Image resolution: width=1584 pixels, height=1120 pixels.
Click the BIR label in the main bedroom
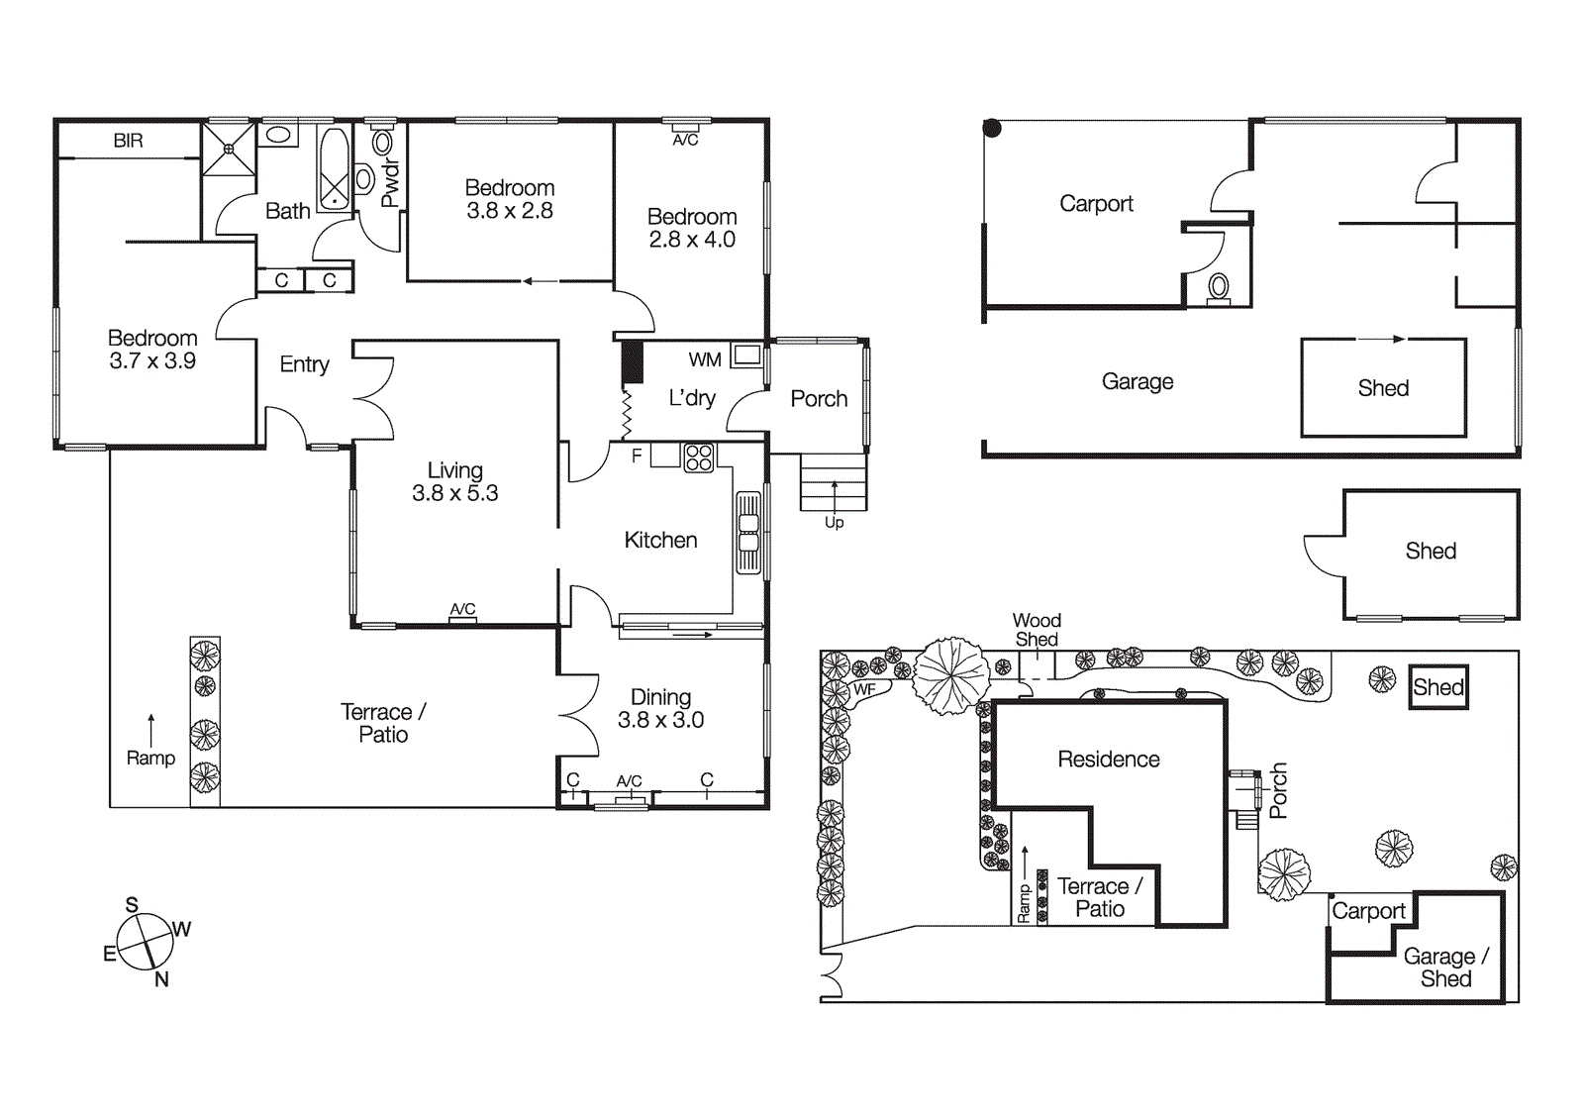(128, 141)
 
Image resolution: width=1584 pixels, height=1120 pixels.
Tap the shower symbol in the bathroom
(229, 150)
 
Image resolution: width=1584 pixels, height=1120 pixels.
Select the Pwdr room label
(390, 183)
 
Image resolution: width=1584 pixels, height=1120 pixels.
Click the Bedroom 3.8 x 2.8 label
(510, 199)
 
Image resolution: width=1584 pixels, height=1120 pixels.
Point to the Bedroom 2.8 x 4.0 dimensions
(692, 240)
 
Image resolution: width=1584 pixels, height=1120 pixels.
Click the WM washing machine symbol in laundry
(746, 355)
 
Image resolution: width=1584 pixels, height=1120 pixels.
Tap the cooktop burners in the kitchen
(699, 458)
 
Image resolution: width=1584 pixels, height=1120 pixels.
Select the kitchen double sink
(748, 533)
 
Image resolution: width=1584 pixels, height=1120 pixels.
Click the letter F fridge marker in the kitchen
(637, 456)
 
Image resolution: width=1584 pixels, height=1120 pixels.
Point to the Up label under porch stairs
(835, 522)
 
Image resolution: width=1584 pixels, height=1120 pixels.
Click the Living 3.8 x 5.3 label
(455, 482)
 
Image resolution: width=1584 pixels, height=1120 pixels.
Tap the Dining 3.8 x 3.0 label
(660, 709)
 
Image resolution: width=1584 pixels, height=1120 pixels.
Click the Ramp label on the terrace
(150, 758)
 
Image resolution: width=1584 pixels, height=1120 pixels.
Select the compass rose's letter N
(161, 979)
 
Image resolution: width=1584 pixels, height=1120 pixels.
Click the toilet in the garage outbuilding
(1219, 288)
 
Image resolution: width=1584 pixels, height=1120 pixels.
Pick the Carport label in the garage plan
(1096, 204)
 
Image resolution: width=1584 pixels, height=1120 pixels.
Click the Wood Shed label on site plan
(1037, 630)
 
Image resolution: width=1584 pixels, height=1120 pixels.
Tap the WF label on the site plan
(864, 689)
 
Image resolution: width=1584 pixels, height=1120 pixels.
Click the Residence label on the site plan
(1109, 760)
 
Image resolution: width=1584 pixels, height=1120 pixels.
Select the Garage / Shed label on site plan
(1444, 967)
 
